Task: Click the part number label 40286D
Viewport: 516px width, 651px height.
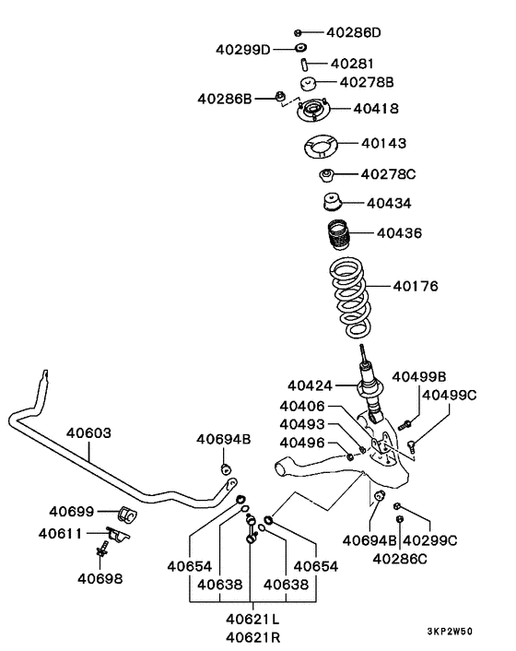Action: [x=354, y=32]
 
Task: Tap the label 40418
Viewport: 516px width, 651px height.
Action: [x=376, y=109]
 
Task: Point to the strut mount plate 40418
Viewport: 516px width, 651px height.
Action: [x=313, y=111]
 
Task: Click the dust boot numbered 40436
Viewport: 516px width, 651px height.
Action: [x=338, y=235]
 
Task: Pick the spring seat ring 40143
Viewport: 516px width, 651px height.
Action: [x=320, y=148]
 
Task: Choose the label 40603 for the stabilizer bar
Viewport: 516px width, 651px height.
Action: [x=88, y=433]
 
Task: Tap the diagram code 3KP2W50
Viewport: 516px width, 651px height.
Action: [x=450, y=631]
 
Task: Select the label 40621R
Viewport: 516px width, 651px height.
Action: [x=253, y=637]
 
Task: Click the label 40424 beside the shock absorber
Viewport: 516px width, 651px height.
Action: [x=310, y=385]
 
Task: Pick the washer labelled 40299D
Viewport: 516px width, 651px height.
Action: [x=300, y=48]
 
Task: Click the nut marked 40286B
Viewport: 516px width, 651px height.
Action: [x=281, y=97]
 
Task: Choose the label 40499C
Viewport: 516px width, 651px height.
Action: [x=450, y=395]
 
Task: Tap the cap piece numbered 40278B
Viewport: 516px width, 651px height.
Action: [x=308, y=83]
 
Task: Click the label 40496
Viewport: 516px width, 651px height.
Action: [x=302, y=443]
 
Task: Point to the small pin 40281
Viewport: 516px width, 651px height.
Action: [x=304, y=65]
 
